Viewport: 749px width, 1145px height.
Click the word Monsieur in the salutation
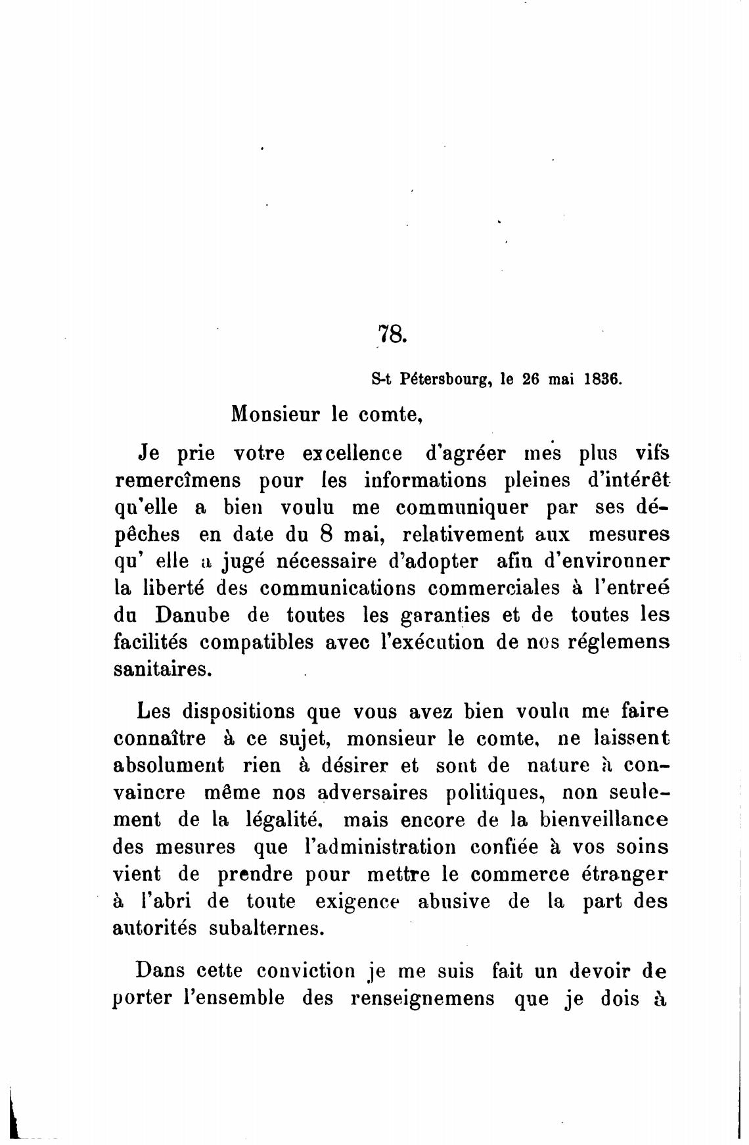[275, 415]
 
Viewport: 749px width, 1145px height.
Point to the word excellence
[352, 454]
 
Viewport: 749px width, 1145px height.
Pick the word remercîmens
[178, 481]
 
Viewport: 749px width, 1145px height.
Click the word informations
[426, 480]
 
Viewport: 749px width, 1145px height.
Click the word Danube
[193, 615]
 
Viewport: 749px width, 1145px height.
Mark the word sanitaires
[162, 670]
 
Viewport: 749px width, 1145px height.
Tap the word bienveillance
[604, 820]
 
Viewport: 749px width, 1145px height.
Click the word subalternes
[266, 928]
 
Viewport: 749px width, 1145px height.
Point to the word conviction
[306, 971]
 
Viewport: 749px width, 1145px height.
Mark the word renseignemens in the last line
[422, 998]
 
